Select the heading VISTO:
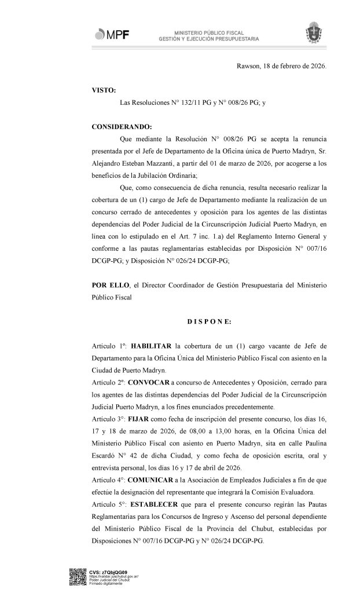pos(104,90)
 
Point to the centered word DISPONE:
pos(209,320)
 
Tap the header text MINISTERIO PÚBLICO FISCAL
pos(210,33)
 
